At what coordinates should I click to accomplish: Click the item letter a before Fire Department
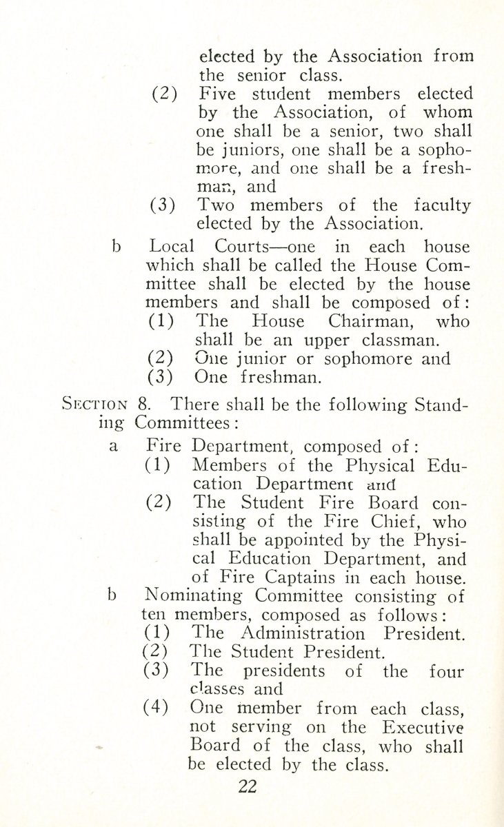click(x=114, y=447)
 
